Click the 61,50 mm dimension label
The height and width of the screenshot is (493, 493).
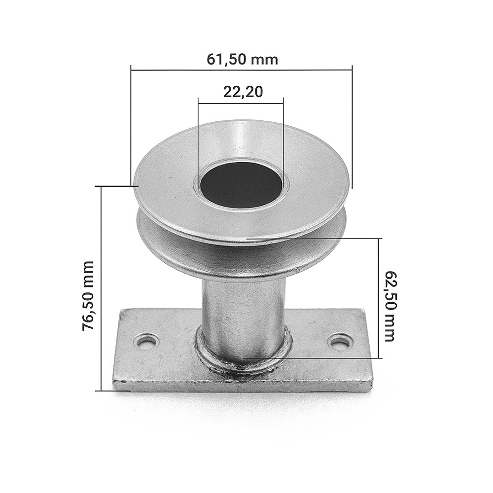(x=242, y=60)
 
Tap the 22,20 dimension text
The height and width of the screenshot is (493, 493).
(x=243, y=92)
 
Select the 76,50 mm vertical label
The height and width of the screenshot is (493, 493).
(x=88, y=295)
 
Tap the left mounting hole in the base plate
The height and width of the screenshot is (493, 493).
(x=147, y=342)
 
